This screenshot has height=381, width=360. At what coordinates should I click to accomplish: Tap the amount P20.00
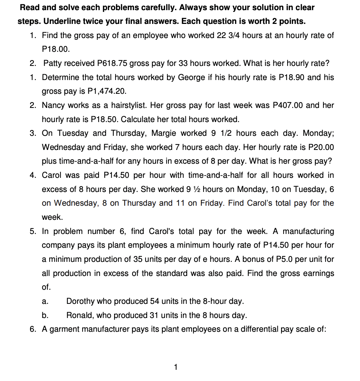321,147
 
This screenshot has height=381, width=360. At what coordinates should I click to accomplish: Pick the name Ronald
80,315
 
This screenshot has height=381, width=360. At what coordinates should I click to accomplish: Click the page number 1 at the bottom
176,367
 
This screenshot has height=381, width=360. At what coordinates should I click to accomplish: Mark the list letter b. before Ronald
45,315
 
